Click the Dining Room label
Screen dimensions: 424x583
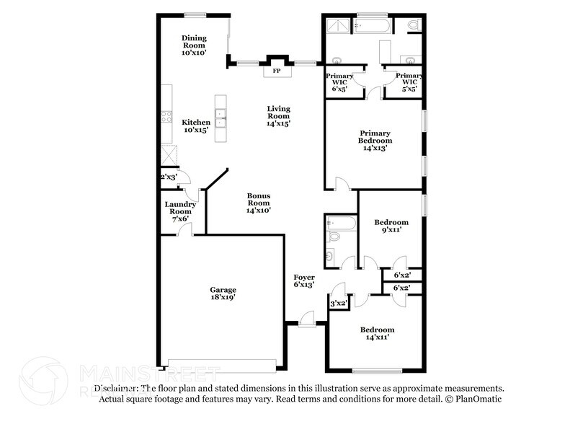[194, 45]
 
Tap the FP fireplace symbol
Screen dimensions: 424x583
[277, 71]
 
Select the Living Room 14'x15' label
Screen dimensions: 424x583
[278, 116]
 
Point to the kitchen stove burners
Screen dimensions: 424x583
[166, 116]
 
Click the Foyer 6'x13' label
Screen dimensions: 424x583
[304, 281]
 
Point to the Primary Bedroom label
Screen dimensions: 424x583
[375, 140]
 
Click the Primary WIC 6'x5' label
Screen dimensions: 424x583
[339, 82]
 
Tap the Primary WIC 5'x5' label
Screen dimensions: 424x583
[409, 82]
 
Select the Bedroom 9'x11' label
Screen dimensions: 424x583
[391, 226]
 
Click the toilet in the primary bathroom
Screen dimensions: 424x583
[413, 25]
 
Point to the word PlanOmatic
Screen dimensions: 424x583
[478, 399]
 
